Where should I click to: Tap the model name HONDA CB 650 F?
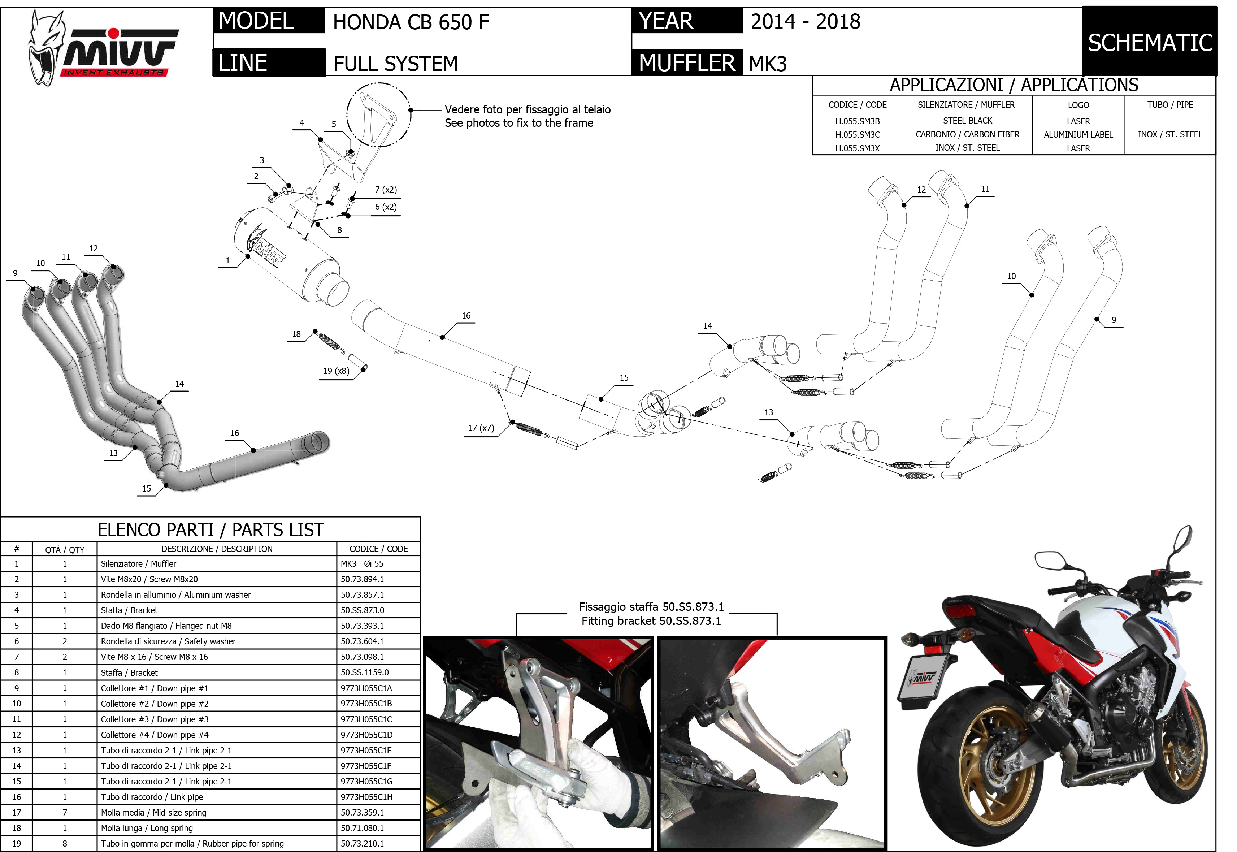[411, 22]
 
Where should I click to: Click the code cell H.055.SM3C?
[857, 134]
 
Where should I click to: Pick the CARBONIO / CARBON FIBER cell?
[967, 134]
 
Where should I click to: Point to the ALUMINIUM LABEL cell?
[1078, 134]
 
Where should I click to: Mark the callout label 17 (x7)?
[481, 428]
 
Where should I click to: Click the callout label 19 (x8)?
[336, 371]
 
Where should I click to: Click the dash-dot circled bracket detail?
[378, 114]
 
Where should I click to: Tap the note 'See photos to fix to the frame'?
[519, 123]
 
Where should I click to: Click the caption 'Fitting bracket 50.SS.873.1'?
[651, 621]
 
